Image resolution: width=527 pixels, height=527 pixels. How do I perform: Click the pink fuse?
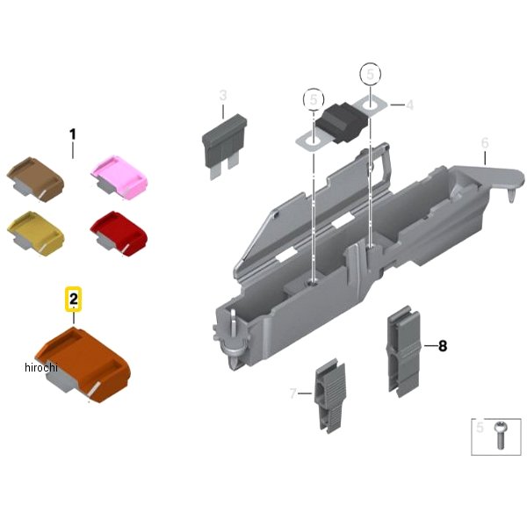coord(119,177)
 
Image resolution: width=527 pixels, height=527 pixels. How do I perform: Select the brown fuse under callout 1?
coord(35,178)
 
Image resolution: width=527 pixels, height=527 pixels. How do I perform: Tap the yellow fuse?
coord(35,232)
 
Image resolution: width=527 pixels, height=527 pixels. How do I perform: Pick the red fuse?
coord(119,233)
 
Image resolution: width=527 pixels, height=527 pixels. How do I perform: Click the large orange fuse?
coord(83,365)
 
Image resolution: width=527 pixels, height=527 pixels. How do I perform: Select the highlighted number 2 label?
coord(73,300)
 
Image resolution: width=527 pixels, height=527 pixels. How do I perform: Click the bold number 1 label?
coord(72,134)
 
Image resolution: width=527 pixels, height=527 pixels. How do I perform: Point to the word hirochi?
coord(41,367)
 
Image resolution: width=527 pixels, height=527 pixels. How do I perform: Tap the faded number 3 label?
coord(223,96)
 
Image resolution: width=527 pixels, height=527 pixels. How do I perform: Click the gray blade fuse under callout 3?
coord(224,146)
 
